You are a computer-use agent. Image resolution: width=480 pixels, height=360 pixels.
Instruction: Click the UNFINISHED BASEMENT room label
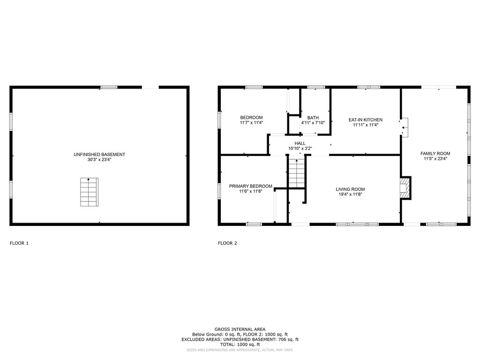click(x=99, y=155)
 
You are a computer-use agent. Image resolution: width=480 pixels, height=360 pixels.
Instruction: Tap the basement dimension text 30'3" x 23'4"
click(x=99, y=159)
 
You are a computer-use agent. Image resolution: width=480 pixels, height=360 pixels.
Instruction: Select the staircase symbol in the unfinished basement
click(x=89, y=192)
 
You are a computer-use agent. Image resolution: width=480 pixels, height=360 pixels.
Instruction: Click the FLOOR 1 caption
click(x=19, y=243)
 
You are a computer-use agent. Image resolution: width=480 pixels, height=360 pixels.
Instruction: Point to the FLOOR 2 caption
click(x=227, y=243)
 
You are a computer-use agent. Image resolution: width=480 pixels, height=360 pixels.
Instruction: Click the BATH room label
click(x=313, y=118)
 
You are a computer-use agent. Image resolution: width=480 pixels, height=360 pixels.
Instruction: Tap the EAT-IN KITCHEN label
click(x=366, y=120)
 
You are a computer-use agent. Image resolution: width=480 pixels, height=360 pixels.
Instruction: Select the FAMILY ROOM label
click(x=435, y=154)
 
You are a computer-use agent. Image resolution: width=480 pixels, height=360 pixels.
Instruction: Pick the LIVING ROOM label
click(x=350, y=189)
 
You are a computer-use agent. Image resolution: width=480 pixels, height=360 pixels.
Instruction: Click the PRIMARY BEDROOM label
click(x=251, y=186)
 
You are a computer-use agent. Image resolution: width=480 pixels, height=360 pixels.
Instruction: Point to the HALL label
click(x=300, y=143)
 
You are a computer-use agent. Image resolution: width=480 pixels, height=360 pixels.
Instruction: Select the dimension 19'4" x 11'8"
click(x=350, y=194)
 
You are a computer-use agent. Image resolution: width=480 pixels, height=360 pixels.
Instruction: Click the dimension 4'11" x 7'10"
click(x=313, y=123)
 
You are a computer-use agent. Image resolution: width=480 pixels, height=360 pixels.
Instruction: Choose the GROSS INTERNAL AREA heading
click(x=240, y=330)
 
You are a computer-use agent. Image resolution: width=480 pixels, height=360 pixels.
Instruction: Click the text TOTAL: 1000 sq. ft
click(x=240, y=345)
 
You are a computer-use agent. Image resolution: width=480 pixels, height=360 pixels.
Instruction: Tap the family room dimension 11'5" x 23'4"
click(x=435, y=158)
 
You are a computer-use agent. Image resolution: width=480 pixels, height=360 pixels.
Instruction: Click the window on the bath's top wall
click(x=316, y=87)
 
